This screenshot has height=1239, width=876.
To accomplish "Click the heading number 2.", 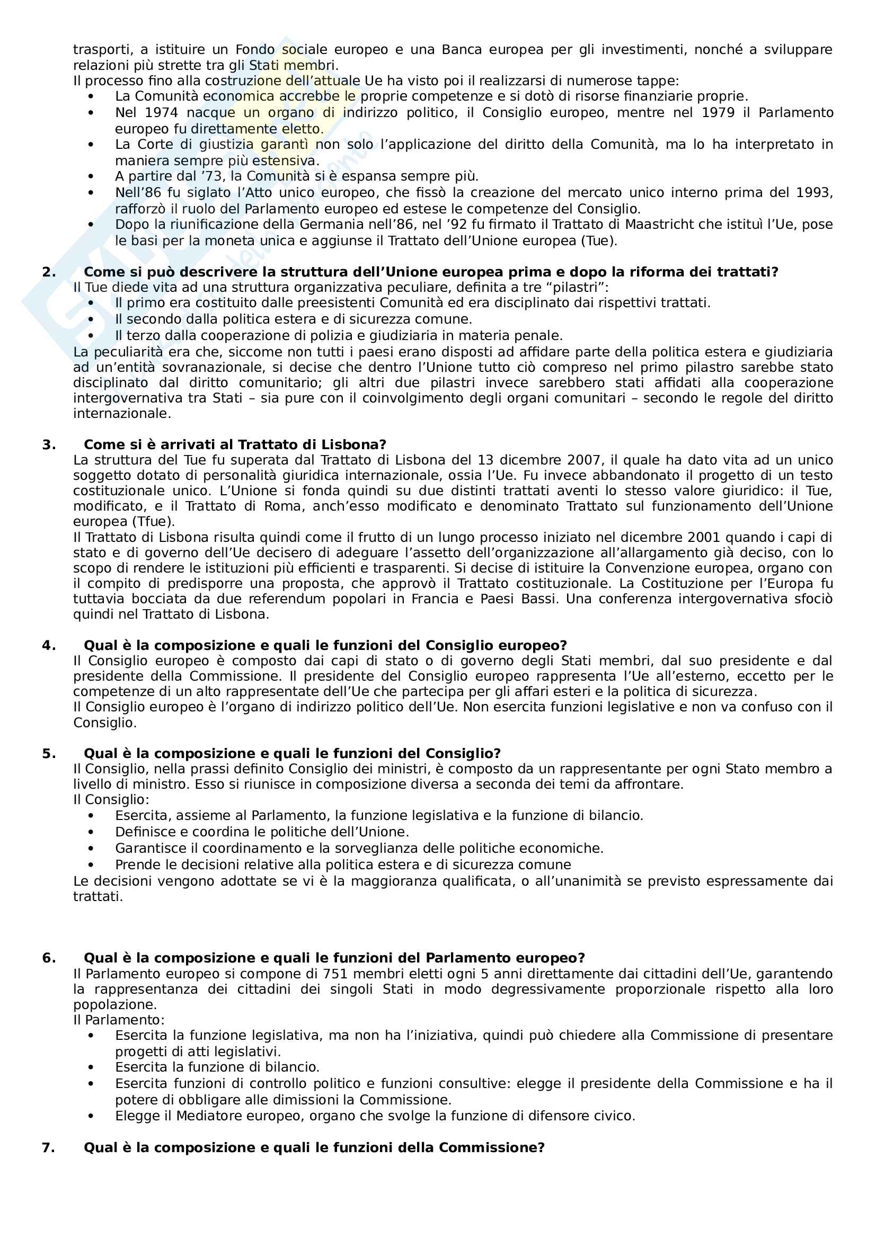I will tap(49, 272).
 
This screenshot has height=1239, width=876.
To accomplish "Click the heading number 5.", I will tap(49, 753).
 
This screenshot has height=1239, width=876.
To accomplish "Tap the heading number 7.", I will tap(49, 1147).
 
